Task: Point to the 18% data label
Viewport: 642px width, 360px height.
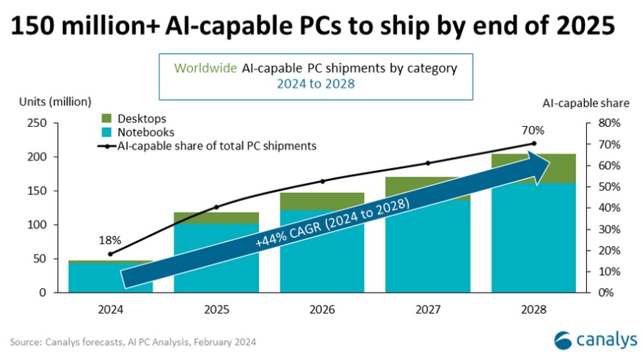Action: (110, 240)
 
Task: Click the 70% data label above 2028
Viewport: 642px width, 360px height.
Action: (534, 130)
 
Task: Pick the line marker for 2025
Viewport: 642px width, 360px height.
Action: (216, 207)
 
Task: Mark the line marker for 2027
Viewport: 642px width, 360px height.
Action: (428, 163)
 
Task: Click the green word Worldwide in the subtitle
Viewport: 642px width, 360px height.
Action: (205, 68)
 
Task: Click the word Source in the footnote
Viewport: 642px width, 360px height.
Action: (26, 342)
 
